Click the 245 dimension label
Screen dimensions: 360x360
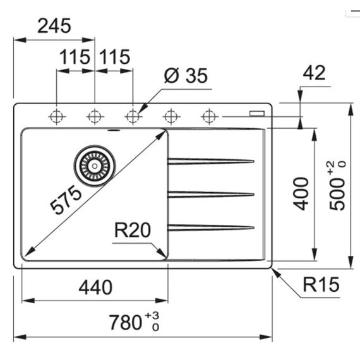point(54,26)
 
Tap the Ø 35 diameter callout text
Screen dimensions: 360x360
point(186,76)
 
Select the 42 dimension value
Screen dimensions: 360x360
point(314,73)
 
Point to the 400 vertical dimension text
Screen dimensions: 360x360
point(301,193)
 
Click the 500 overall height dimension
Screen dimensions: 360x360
point(337,195)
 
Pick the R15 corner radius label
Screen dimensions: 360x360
point(321,284)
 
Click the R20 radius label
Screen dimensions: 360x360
point(133,230)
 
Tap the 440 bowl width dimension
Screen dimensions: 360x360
point(95,287)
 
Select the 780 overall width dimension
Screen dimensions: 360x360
point(125,322)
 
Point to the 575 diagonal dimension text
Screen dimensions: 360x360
point(66,200)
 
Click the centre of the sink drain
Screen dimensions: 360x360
point(95,165)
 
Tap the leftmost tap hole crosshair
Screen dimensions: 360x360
point(56,117)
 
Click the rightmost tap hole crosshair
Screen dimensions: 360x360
point(209,117)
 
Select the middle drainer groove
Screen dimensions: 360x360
point(211,195)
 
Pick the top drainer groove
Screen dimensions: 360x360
point(211,161)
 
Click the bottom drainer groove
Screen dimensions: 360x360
point(211,228)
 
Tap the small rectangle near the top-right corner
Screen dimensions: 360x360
point(257,114)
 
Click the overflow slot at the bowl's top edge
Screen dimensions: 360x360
point(114,130)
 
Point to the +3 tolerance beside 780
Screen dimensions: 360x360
point(152,315)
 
